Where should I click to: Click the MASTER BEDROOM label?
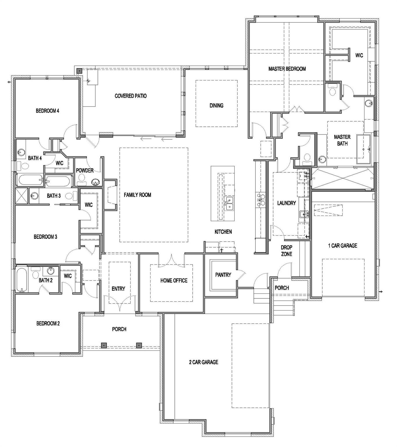coord(287,69)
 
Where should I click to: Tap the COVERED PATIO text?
coord(130,96)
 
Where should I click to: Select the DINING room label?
coord(216,105)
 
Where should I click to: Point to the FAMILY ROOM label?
coord(137,195)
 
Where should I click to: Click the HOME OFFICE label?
coord(174,281)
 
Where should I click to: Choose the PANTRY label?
coord(223,275)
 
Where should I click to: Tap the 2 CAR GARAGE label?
coord(203,362)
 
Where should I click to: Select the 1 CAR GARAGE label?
coord(342,246)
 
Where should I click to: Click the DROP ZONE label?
coord(286,251)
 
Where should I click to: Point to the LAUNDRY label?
coord(286,203)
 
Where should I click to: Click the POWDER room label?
coord(85,171)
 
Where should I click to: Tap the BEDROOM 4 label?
coord(47,111)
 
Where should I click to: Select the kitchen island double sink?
coord(229,203)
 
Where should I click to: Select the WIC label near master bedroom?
coord(359,55)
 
